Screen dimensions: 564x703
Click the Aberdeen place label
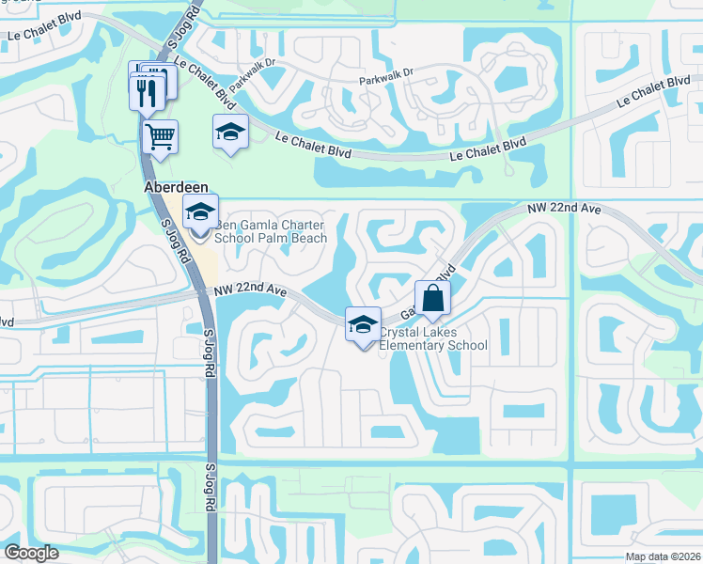[175, 188]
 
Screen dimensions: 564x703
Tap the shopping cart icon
[161, 135]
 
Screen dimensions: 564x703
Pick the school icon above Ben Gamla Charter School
[200, 212]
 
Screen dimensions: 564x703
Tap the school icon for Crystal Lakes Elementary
[363, 324]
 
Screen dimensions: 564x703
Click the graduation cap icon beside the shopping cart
[229, 132]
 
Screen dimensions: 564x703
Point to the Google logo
[30, 553]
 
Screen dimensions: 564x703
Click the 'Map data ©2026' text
[663, 556]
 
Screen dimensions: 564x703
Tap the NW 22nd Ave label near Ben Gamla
[250, 292]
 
